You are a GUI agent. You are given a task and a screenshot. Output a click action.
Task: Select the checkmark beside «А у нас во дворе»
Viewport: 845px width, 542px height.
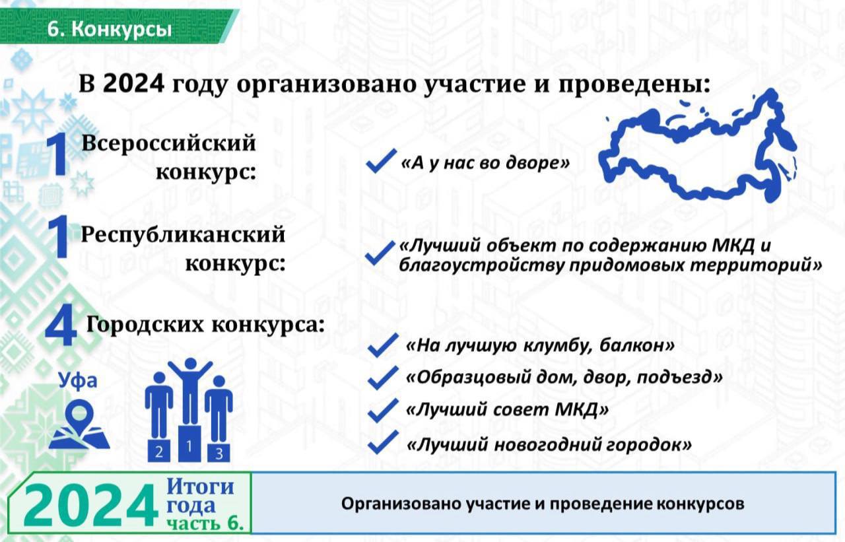(x=382, y=160)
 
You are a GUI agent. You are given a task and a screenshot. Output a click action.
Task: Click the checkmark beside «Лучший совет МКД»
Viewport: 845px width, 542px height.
(x=383, y=410)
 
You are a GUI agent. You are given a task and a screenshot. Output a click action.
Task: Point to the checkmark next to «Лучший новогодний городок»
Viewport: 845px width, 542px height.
(x=383, y=442)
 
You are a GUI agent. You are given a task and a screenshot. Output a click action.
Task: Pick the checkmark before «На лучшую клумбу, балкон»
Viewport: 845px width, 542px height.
(x=383, y=345)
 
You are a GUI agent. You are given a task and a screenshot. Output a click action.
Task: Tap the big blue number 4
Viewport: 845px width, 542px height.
(x=61, y=327)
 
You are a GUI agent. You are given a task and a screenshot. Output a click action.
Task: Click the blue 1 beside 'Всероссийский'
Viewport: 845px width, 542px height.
(x=57, y=156)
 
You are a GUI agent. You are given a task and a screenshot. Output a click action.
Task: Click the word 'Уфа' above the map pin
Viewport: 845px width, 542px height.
(x=78, y=380)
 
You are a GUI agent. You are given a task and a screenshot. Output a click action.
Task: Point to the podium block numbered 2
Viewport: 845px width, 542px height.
(x=159, y=451)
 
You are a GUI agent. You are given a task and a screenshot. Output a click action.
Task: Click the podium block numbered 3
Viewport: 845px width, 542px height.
(x=219, y=452)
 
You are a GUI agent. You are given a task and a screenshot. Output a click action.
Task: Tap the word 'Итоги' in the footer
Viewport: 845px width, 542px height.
(x=200, y=487)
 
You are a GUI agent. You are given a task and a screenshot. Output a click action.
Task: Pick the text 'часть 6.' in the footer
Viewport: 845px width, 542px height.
(x=205, y=523)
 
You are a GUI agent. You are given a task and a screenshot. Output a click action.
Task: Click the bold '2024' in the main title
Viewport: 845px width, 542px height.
(x=133, y=84)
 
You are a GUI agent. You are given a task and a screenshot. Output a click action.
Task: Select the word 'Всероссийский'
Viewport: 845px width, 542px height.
(x=168, y=143)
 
